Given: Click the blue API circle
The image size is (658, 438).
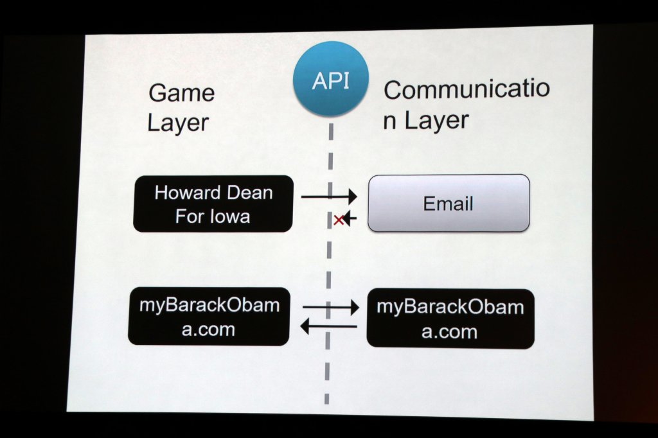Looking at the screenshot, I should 330,78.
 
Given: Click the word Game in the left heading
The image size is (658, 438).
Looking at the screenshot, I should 181,93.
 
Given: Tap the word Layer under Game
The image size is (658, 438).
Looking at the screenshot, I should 178,122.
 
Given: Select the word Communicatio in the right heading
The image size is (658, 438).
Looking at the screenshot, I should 467,89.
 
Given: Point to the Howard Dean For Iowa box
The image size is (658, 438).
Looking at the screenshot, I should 213,204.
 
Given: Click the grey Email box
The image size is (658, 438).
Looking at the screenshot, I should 449,203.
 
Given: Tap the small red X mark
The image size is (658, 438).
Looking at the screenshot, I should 339,220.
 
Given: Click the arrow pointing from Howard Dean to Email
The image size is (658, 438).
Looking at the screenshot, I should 329,197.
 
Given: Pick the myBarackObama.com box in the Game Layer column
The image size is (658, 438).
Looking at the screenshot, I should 209,317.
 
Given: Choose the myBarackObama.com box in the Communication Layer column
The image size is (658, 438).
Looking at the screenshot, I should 450,319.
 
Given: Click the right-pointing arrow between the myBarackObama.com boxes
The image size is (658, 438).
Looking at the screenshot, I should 330,308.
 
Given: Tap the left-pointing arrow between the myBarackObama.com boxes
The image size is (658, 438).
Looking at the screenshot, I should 328,328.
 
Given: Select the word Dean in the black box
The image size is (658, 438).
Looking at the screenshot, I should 248,193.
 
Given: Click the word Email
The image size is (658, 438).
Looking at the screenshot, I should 448,204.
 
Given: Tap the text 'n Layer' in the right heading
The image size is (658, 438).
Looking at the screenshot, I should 426,121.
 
